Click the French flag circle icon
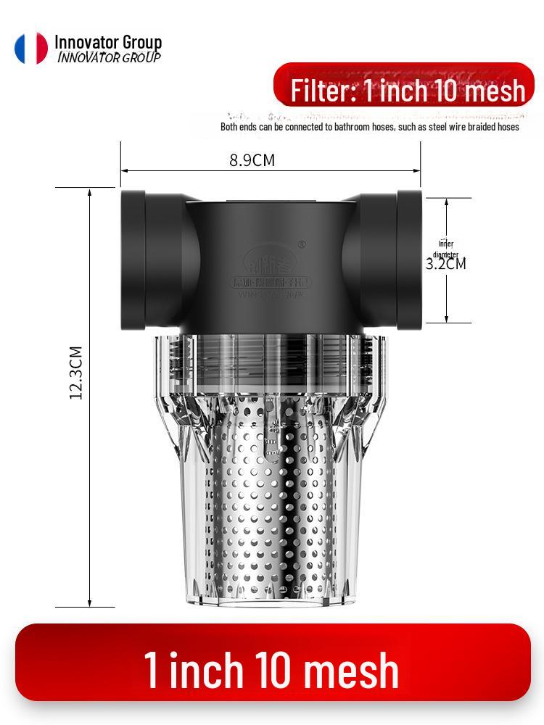click(x=31, y=48)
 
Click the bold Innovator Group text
click(x=108, y=42)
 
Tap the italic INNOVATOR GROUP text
click(x=109, y=57)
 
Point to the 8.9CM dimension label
click(x=252, y=160)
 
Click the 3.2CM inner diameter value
click(x=445, y=263)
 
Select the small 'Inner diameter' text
click(x=445, y=249)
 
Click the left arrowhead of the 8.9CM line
click(x=124, y=170)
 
